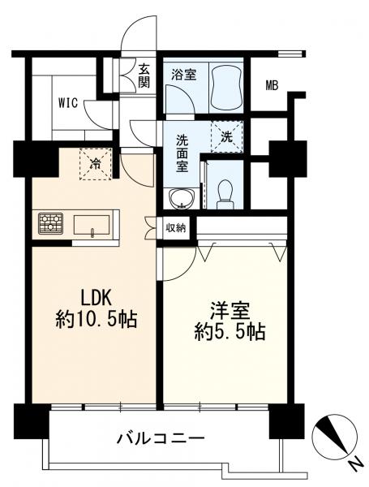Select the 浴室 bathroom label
coord(182,74)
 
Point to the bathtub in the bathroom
coord(225,87)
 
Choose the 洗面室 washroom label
coord(184,150)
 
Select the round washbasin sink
coord(180,198)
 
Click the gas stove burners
coord(51,223)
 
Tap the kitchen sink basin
coord(95,224)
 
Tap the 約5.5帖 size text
coord(227,332)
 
